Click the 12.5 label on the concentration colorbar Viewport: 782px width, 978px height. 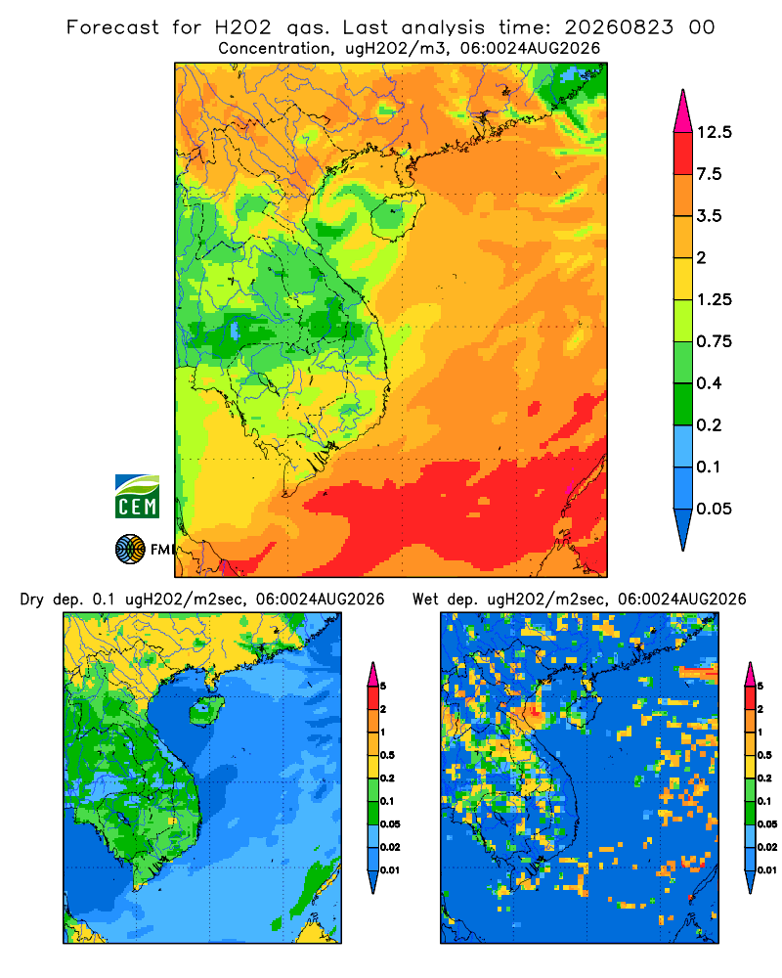tap(714, 132)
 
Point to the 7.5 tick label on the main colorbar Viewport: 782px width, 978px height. tap(709, 174)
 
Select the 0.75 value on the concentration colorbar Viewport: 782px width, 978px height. tap(714, 341)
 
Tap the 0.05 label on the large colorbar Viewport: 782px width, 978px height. tap(714, 509)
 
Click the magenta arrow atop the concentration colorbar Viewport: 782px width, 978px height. tap(683, 111)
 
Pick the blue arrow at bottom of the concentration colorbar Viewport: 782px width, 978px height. tap(683, 529)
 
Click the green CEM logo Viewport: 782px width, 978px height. tap(137, 497)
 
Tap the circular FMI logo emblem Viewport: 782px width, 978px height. tap(130, 550)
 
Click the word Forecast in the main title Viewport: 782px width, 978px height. tap(112, 27)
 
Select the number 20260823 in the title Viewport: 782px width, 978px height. tap(619, 27)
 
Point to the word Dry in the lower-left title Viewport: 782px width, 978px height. tap(32, 600)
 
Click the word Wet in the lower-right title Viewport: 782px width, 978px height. tap(426, 600)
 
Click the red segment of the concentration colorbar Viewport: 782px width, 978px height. tap(683, 154)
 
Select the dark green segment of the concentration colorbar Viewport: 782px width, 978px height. tap(683, 404)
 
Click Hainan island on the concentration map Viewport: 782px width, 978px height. tap(397, 216)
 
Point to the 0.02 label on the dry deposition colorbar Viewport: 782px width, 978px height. tap(390, 847)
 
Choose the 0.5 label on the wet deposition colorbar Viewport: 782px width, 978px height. tap(763, 755)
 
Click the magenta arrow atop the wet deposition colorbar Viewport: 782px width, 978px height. tap(750, 675)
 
